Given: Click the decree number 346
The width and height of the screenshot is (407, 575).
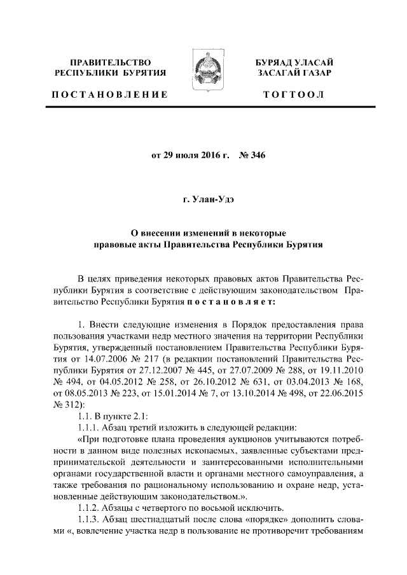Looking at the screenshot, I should [256, 155].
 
